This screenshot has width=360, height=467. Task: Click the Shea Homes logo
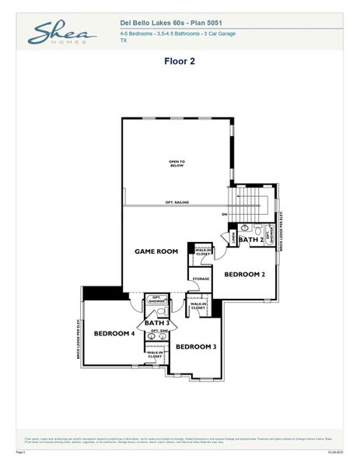click(x=61, y=33)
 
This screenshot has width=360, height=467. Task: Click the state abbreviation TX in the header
click(x=124, y=40)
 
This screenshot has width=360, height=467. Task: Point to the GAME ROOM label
click(x=156, y=251)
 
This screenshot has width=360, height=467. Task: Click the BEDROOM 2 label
click(x=245, y=274)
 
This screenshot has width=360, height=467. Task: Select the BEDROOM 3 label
click(x=196, y=346)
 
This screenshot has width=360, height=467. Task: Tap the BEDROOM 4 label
click(x=114, y=333)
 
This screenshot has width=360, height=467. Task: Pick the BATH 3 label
click(x=157, y=322)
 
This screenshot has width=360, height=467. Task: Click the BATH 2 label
click(x=250, y=241)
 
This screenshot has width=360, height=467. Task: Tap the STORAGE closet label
click(x=201, y=278)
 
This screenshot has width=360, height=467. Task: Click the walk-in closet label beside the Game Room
click(x=203, y=251)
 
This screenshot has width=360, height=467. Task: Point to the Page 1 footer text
click(x=21, y=451)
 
